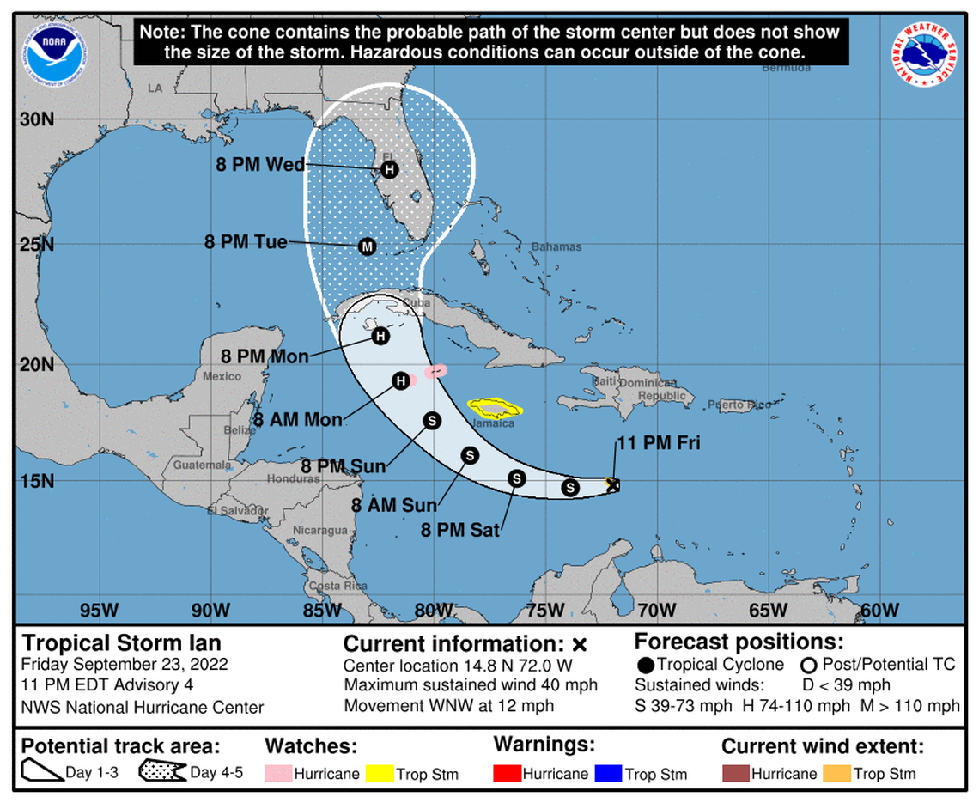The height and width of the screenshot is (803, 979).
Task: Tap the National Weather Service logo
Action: point(925,53)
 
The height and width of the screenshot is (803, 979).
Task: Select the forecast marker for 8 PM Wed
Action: point(389,169)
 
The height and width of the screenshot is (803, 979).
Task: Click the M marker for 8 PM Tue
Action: point(368,246)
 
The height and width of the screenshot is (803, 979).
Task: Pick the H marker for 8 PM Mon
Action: point(380,336)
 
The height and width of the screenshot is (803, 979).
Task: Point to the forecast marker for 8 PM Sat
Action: point(516,478)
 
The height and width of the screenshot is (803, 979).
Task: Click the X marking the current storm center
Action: point(611,484)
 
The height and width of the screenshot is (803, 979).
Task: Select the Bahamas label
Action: point(556,247)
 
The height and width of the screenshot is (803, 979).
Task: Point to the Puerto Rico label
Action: point(740,405)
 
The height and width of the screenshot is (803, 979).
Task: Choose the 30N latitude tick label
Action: point(37,120)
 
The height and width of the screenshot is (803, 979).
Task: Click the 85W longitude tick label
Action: point(321,611)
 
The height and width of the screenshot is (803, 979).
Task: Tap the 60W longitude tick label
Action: point(879,611)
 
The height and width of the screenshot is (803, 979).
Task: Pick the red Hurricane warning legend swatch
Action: point(508,774)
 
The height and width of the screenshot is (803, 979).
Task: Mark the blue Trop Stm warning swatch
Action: point(609,774)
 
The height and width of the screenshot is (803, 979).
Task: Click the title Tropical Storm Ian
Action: point(121,642)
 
